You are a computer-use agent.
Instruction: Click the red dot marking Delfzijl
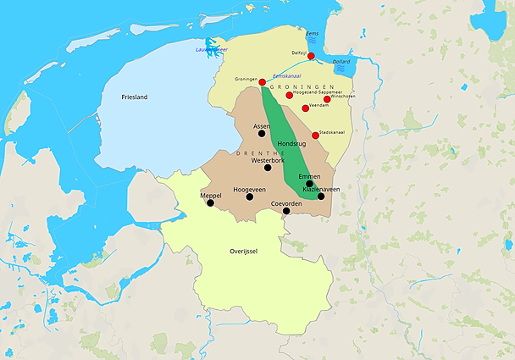(311, 56)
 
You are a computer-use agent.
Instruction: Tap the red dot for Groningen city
(263, 81)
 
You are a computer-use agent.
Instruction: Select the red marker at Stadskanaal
(315, 136)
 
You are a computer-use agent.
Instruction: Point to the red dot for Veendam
(305, 108)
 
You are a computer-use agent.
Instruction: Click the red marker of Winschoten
(327, 99)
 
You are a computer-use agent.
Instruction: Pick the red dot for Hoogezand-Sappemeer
(290, 95)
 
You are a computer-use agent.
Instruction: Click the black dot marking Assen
(262, 133)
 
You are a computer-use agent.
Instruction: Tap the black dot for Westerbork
(268, 167)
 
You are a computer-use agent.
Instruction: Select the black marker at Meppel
(211, 203)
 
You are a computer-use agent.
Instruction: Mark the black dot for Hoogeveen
(249, 197)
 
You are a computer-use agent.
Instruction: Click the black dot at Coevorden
(286, 211)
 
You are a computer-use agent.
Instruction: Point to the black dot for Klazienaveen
(320, 197)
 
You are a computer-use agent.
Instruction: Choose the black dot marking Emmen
(310, 184)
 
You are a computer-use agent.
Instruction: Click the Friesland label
(135, 97)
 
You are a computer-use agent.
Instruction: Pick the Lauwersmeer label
(212, 49)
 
